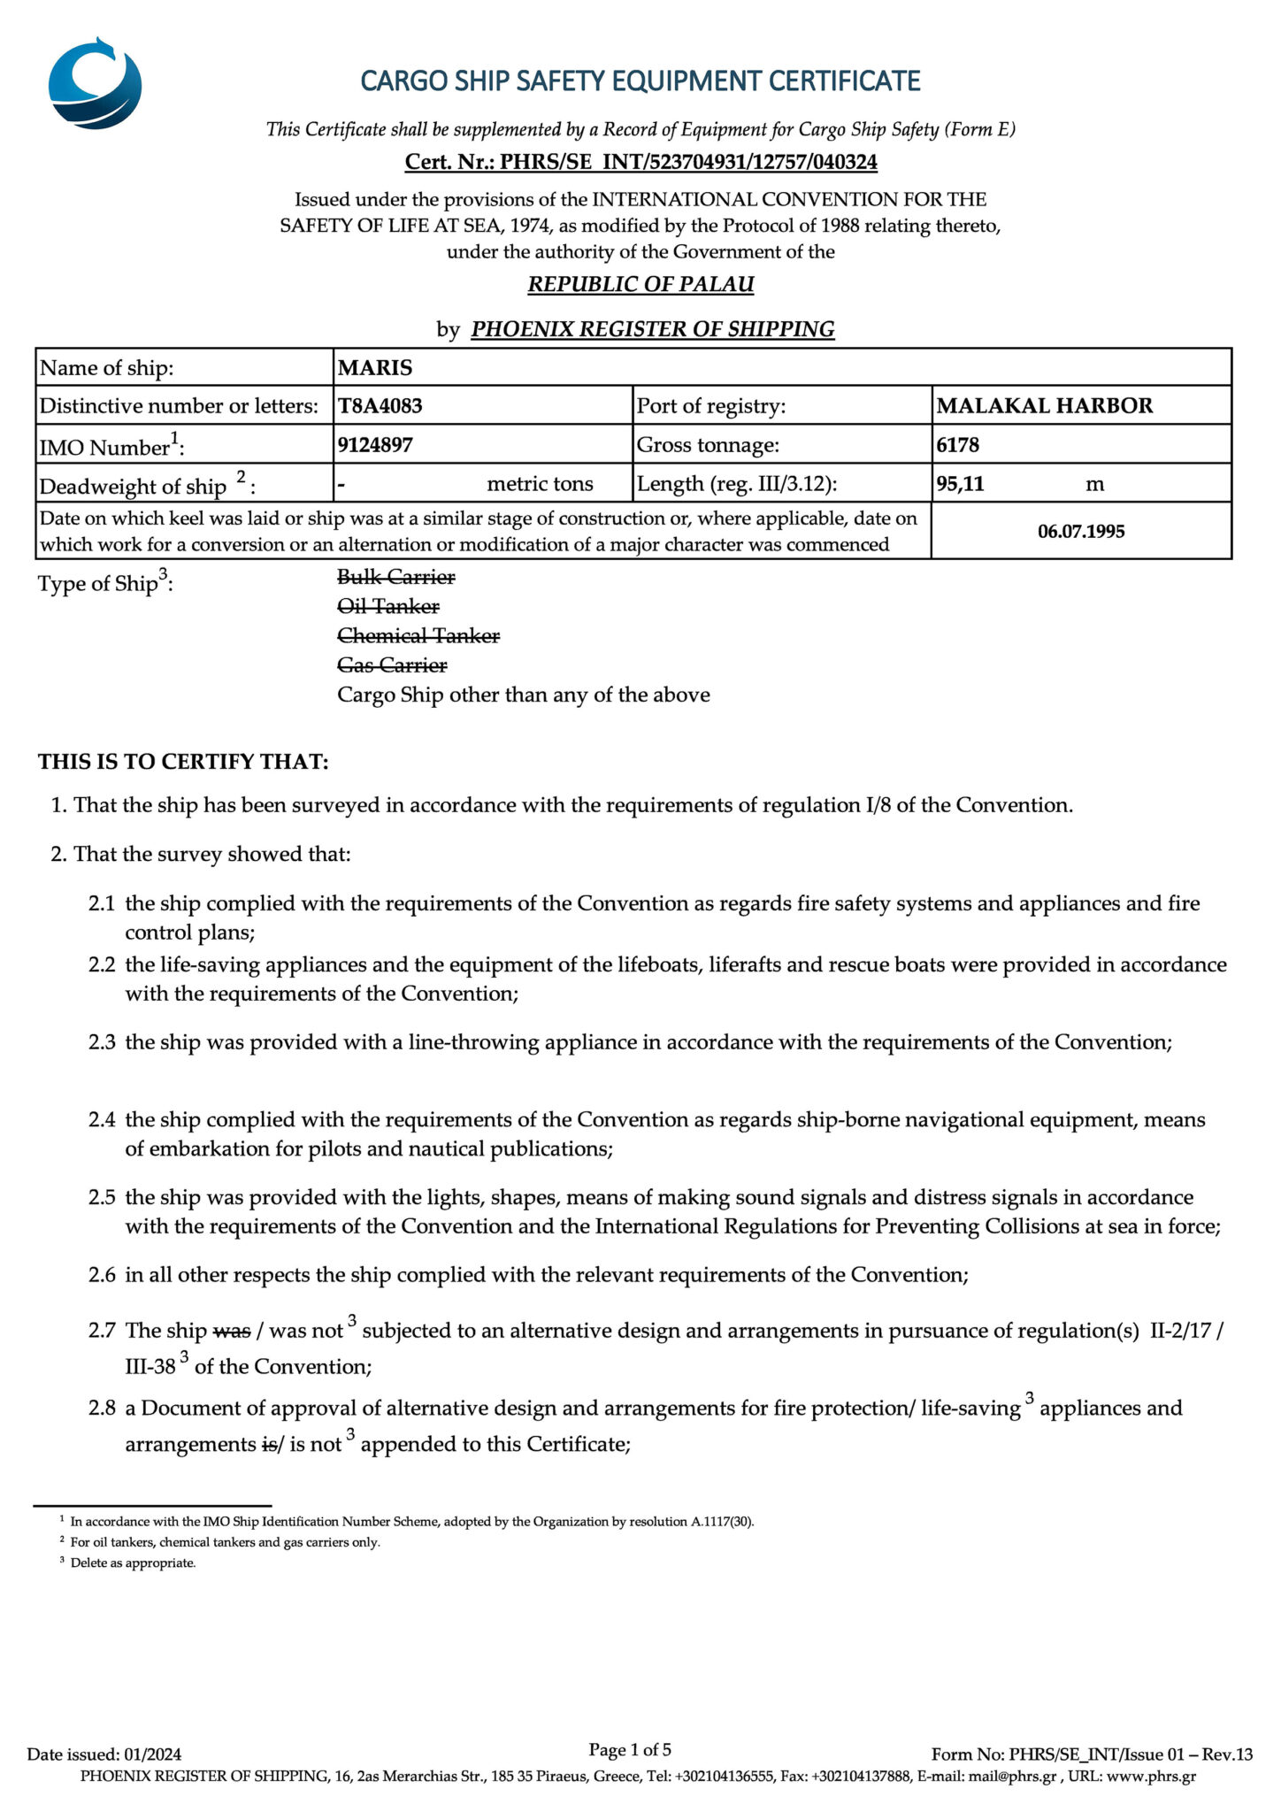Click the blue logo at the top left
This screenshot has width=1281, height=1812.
point(95,84)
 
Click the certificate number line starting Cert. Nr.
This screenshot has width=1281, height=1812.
point(640,162)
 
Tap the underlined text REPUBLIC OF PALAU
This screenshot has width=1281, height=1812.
point(640,284)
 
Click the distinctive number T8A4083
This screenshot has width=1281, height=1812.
point(380,406)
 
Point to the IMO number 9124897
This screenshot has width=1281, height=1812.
point(375,444)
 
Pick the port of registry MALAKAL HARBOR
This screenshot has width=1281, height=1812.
point(1045,406)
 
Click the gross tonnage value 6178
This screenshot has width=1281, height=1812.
point(958,444)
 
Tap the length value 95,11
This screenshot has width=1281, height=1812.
point(961,483)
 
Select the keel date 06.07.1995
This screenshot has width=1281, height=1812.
point(1081,531)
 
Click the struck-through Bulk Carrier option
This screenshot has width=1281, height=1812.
point(396,577)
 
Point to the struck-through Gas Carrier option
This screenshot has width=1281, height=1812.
point(392,664)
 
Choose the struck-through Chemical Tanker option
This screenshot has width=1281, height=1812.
point(418,635)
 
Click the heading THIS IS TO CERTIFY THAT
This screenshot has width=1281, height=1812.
point(183,762)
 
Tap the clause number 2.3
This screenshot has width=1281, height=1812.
point(102,1042)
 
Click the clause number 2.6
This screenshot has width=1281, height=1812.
point(102,1275)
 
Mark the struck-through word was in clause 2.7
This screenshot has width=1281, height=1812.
point(232,1331)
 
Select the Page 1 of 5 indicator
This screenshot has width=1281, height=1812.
point(630,1749)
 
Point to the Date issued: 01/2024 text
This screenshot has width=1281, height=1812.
point(104,1754)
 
